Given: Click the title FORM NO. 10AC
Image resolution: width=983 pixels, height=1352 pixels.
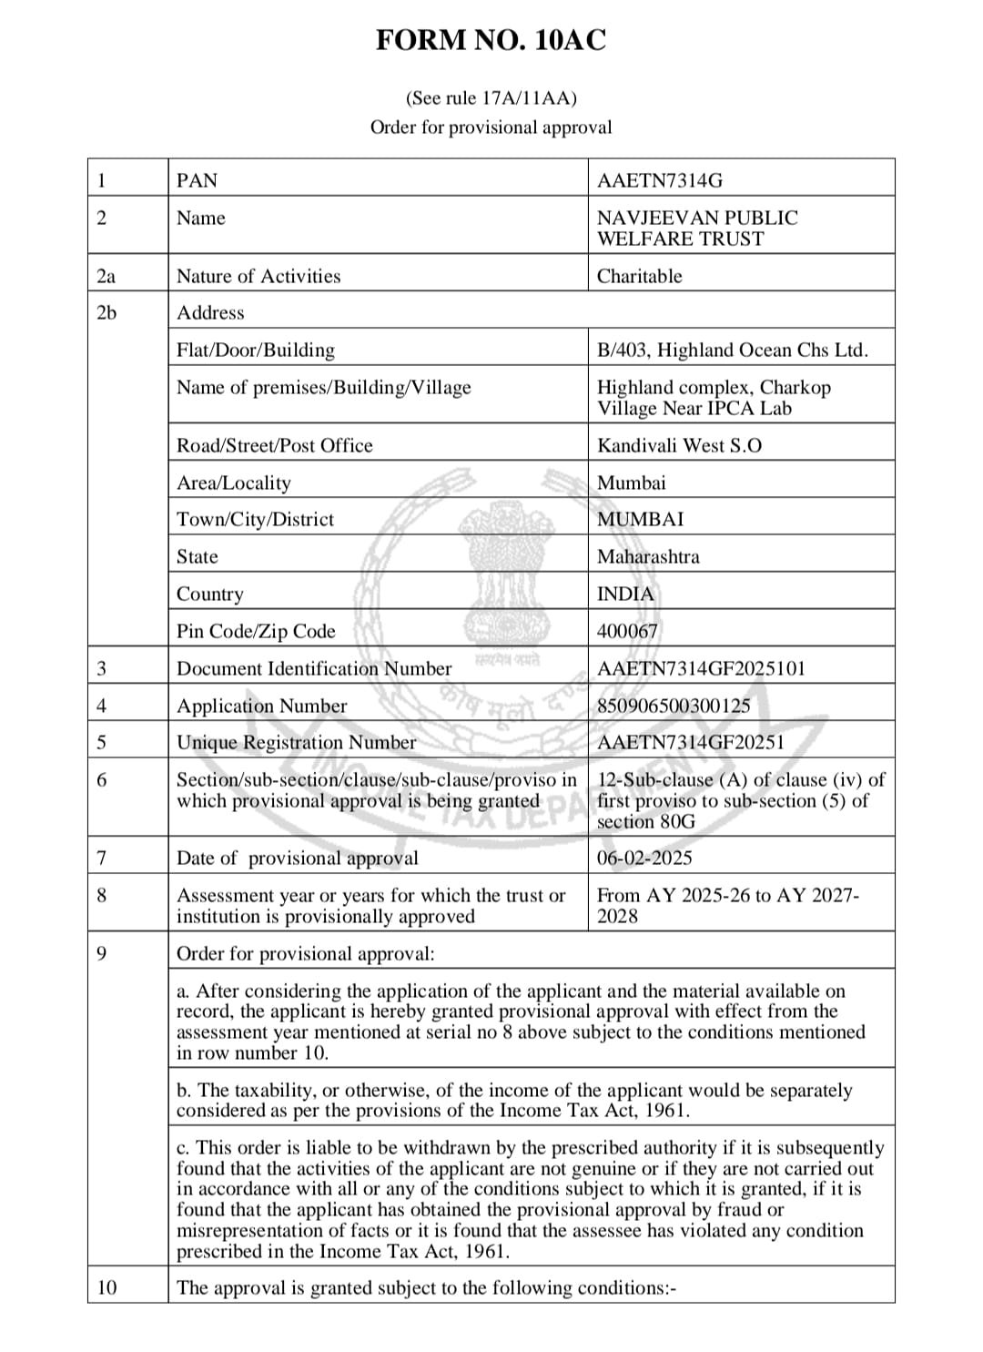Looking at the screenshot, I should click(x=491, y=41).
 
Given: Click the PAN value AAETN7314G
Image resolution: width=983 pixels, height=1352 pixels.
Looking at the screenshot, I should click(x=660, y=180).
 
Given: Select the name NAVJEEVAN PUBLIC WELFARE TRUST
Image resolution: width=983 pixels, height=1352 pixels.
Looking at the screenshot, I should click(x=697, y=229).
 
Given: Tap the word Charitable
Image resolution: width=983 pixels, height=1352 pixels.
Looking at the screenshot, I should click(x=639, y=276).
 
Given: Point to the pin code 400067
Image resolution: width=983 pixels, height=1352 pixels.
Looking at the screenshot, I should click(x=627, y=631).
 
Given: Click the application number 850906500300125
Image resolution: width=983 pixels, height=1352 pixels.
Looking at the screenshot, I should click(x=674, y=706).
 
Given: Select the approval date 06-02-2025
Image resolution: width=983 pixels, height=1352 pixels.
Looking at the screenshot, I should click(x=644, y=858).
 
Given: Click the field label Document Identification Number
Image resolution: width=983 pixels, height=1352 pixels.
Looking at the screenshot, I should click(x=314, y=668).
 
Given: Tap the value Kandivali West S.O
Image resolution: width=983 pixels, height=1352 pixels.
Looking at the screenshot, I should click(x=679, y=445).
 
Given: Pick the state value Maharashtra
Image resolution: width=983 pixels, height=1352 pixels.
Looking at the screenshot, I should click(x=648, y=556).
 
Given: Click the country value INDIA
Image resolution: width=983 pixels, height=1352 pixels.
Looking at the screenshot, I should click(x=625, y=594).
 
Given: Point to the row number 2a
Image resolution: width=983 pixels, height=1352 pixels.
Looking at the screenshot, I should click(x=106, y=276).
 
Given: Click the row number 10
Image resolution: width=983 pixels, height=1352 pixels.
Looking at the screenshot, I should click(x=106, y=1287).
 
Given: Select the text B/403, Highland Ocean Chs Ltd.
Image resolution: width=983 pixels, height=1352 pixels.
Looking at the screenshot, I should click(x=733, y=350).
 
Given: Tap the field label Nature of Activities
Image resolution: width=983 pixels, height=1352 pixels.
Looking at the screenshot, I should click(x=258, y=276).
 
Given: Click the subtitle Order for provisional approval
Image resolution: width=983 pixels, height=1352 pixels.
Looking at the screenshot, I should click(x=491, y=127).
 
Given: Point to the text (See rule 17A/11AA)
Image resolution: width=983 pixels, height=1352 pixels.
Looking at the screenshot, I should click(x=491, y=98).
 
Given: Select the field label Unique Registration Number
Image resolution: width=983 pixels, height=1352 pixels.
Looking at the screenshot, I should click(x=296, y=742).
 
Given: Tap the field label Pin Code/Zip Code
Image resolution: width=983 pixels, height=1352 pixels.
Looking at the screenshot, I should click(x=256, y=631).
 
